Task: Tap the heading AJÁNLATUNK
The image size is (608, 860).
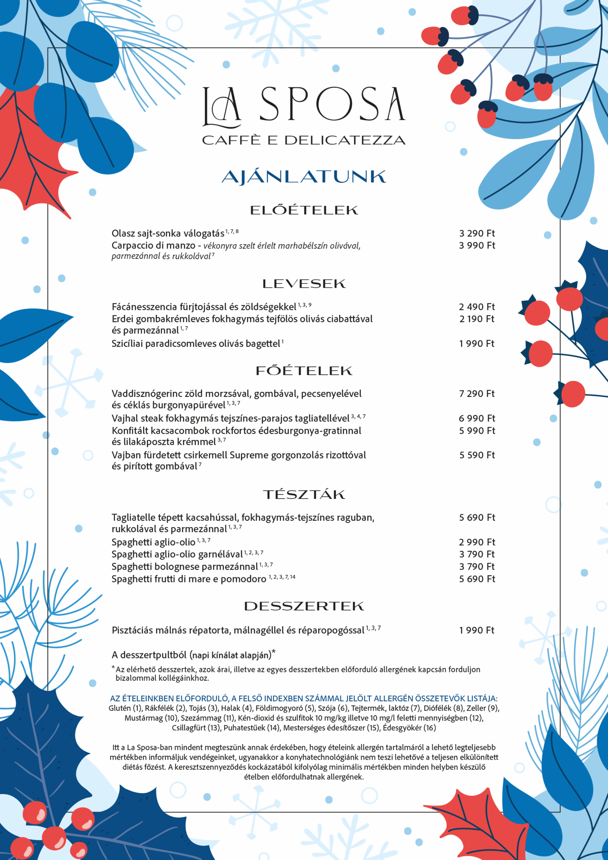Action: click(304, 177)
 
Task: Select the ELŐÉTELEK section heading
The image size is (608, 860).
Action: click(304, 210)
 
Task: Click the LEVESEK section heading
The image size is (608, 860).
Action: click(304, 284)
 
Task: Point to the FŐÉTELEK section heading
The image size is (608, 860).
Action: click(304, 371)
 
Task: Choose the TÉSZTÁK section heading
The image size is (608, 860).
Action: click(304, 495)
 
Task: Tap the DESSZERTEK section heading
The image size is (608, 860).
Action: click(304, 606)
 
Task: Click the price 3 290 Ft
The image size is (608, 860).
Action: click(477, 233)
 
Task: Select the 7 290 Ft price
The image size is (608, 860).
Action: click(477, 394)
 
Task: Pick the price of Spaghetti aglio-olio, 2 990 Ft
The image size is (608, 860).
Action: click(477, 542)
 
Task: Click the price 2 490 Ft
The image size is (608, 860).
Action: click(477, 307)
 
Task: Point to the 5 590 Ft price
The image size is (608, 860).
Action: click(477, 455)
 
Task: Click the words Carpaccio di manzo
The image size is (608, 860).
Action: click(153, 246)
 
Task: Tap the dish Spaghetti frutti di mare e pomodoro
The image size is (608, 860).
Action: click(189, 579)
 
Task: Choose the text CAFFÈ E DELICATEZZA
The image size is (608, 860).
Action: click(304, 140)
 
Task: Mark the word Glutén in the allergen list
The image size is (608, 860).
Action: click(120, 708)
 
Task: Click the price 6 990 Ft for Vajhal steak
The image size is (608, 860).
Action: click(477, 419)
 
